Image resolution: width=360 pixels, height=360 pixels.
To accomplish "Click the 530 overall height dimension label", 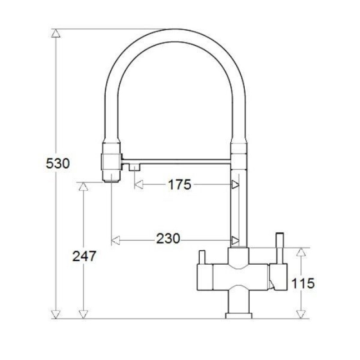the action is click(x=58, y=163).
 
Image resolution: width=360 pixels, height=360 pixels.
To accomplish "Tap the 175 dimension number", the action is click(x=180, y=184).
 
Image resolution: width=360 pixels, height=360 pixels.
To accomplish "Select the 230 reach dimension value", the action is click(x=168, y=238).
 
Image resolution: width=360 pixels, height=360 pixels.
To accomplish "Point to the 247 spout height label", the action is click(x=84, y=256).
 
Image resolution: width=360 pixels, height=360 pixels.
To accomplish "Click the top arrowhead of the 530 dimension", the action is click(x=56, y=33).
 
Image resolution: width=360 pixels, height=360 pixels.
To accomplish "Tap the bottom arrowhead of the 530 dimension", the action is click(x=56, y=314).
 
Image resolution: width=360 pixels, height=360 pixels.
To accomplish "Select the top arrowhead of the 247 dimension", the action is click(x=83, y=186).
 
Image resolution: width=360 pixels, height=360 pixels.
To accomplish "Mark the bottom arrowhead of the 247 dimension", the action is click(x=83, y=314).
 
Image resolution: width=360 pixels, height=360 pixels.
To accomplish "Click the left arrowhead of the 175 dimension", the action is click(x=139, y=184).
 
